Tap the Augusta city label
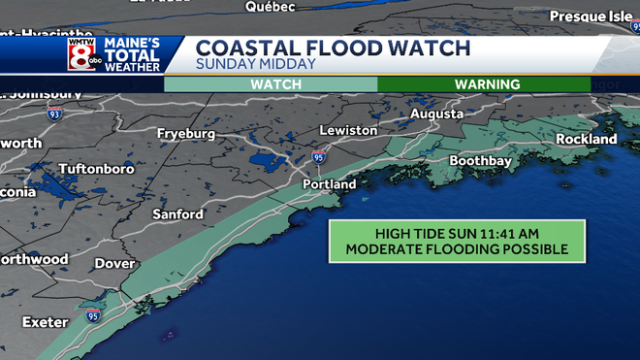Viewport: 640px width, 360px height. click(437, 114)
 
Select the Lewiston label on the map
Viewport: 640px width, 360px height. click(348, 130)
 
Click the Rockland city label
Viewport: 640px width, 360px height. click(587, 140)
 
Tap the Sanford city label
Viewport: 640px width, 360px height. click(177, 213)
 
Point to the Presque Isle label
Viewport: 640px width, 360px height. click(592, 16)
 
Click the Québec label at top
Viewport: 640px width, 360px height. click(270, 7)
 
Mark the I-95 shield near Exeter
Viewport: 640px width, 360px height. click(93, 315)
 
